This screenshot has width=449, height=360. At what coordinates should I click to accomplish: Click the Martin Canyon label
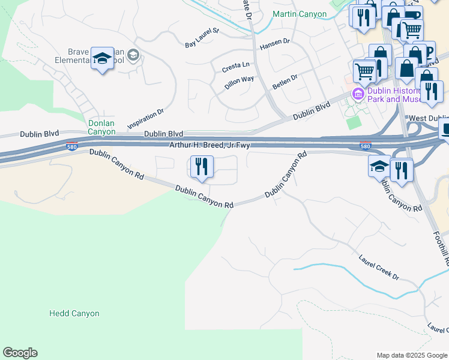click(x=299, y=14)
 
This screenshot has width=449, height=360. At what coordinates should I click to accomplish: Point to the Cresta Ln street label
click(x=237, y=65)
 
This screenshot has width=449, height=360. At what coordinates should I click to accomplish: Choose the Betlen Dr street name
click(x=285, y=80)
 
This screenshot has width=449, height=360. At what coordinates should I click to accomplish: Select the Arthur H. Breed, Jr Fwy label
click(x=209, y=145)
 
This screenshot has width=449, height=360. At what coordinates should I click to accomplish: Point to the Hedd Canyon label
click(x=74, y=313)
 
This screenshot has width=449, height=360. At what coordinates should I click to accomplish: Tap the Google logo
click(x=20, y=353)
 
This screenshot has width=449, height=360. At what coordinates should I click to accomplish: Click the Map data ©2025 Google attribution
click(x=411, y=355)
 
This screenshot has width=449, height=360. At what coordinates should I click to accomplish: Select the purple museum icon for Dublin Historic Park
click(x=358, y=94)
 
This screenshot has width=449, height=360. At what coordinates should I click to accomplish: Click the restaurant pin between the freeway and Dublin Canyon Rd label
click(x=202, y=166)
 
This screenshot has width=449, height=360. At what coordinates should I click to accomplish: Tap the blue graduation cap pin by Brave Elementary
click(x=102, y=58)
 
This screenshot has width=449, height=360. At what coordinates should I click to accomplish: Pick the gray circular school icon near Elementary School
click(x=133, y=56)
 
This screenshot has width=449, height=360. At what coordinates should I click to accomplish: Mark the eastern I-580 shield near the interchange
click(x=365, y=146)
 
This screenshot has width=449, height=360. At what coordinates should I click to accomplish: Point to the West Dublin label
click(x=427, y=119)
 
